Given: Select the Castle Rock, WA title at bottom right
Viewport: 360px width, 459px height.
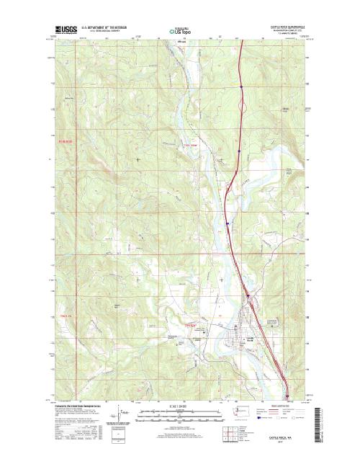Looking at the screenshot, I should [294, 429].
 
